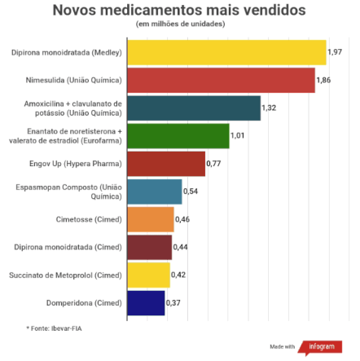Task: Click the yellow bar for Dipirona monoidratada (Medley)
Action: pyautogui.click(x=226, y=53)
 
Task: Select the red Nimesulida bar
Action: pyautogui.click(x=221, y=81)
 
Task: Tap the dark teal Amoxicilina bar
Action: pyautogui.click(x=193, y=108)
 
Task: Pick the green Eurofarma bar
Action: pyautogui.click(x=178, y=136)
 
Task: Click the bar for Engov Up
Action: pyautogui.click(x=166, y=164)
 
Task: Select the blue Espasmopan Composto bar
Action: pyautogui.click(x=155, y=192)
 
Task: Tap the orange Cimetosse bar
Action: pyautogui.click(x=151, y=220)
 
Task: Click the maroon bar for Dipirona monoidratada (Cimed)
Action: pyautogui.click(x=149, y=248)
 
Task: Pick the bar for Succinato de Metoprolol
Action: pyautogui.click(x=148, y=275)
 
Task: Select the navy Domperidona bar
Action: pyautogui.click(x=146, y=303)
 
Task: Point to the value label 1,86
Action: pyautogui.click(x=323, y=80)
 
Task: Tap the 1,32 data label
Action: pyautogui.click(x=270, y=108)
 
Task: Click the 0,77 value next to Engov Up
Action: pyautogui.click(x=213, y=164)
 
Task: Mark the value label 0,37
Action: pyautogui.click(x=173, y=303)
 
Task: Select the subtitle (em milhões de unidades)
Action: pyautogui.click(x=180, y=24)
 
